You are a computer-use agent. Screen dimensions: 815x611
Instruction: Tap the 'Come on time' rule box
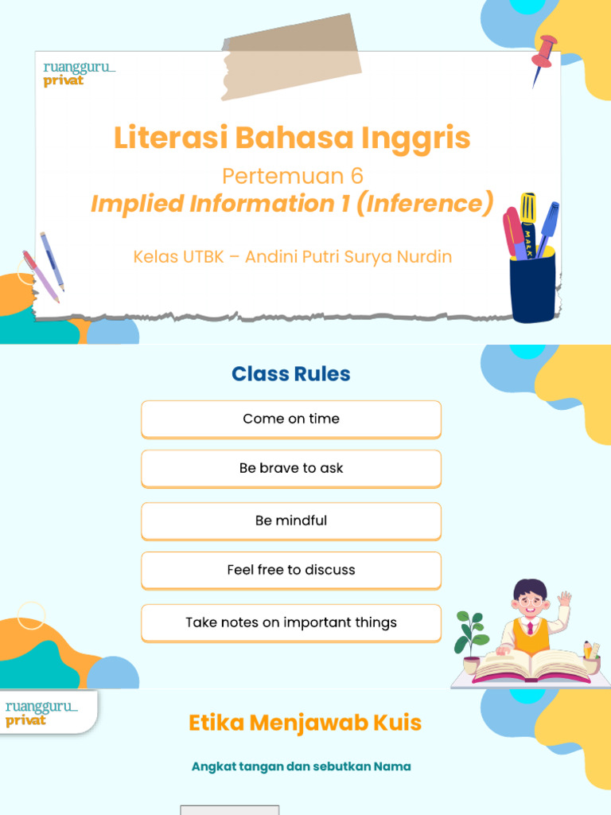(x=291, y=419)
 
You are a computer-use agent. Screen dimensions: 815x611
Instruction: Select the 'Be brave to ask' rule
(x=291, y=468)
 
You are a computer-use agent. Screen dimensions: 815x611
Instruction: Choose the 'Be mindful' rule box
(x=291, y=521)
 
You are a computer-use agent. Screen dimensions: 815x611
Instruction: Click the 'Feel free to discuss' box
(x=291, y=570)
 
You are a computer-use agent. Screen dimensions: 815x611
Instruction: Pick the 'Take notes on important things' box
(x=291, y=622)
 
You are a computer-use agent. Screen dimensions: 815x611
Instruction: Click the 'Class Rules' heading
(x=291, y=374)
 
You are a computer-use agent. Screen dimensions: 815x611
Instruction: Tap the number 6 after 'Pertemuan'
(x=356, y=175)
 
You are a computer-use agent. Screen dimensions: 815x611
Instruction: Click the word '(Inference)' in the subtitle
(x=425, y=204)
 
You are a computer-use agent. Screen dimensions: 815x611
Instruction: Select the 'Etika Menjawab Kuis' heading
(x=305, y=723)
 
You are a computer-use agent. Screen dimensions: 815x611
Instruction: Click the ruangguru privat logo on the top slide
(x=79, y=73)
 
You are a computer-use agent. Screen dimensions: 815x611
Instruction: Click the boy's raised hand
(x=565, y=599)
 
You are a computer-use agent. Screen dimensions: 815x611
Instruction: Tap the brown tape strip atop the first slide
(x=291, y=56)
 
